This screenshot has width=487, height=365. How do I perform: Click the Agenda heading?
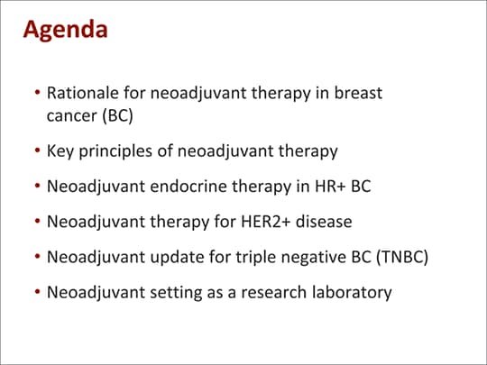pos(66,31)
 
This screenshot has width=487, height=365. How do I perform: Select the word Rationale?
pos(83,93)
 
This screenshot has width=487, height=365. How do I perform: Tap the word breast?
pos(358,93)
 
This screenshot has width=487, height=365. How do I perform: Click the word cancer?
pos(72,116)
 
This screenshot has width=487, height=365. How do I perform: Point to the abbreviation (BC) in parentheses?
pos(118,116)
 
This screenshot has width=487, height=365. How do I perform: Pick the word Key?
pos(60,151)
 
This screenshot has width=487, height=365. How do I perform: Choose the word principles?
pos(115,151)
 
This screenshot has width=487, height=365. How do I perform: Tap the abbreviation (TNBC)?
pos(402,257)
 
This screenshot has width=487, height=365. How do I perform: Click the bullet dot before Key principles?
pos(38,151)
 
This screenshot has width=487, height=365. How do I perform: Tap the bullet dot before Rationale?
pos(38,93)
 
